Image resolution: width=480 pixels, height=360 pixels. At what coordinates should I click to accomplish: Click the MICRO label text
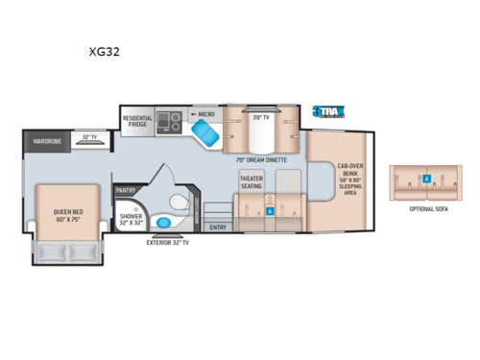coord(207,113)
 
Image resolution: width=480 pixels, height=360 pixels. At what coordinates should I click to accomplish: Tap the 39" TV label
coord(257,118)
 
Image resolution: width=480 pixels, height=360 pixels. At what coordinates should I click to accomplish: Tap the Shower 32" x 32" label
coord(131,221)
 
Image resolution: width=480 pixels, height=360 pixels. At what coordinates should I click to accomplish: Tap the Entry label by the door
coord(218,228)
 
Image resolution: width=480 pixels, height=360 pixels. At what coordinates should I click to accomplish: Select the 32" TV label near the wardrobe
coord(91,138)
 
